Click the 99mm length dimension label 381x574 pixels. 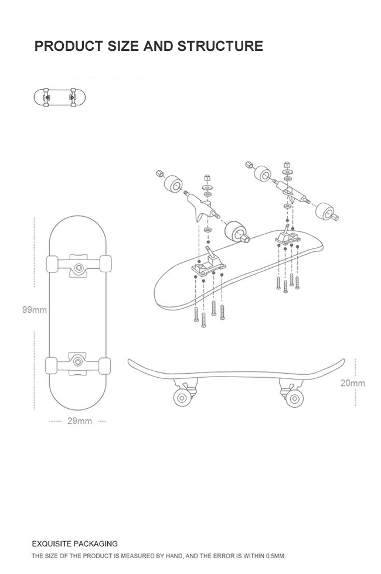point(35,309)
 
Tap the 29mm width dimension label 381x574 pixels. point(79,421)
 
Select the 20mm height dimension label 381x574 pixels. point(353,383)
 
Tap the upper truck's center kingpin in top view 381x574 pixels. point(78,267)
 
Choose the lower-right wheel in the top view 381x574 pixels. point(105,365)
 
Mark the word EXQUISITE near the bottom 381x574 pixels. point(52,544)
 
